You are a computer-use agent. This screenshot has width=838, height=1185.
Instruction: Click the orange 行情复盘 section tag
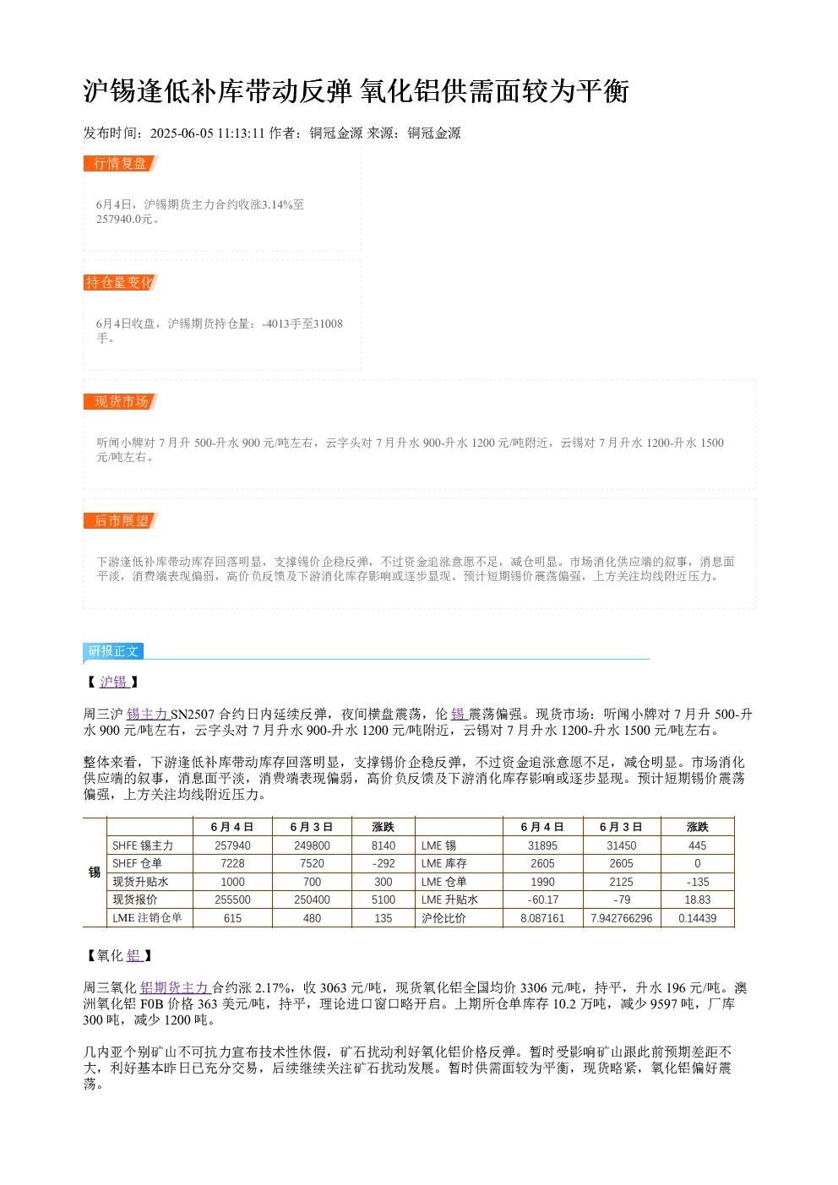pyautogui.click(x=120, y=164)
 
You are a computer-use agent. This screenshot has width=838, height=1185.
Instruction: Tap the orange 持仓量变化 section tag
pyautogui.click(x=120, y=282)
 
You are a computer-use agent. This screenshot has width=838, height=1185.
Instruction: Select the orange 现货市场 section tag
pyautogui.click(x=120, y=401)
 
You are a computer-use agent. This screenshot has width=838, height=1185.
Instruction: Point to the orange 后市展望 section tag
pyautogui.click(x=120, y=520)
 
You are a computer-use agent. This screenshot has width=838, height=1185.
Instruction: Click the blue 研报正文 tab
pyautogui.click(x=113, y=650)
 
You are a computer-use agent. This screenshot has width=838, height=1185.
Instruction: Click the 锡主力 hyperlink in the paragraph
pyautogui.click(x=148, y=715)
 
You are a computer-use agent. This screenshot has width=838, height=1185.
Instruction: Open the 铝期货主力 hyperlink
pyautogui.click(x=176, y=987)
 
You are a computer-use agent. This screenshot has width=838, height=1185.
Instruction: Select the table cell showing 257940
pyautogui.click(x=233, y=845)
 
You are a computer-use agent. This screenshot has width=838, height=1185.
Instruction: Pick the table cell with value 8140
pyautogui.click(x=383, y=845)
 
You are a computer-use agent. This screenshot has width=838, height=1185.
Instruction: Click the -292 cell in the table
pyautogui.click(x=383, y=863)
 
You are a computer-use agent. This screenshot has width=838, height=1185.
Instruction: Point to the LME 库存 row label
pyautogui.click(x=443, y=863)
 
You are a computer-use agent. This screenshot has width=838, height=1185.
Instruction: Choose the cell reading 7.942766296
pyautogui.click(x=622, y=918)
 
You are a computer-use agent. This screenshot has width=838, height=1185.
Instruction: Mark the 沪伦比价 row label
pyautogui.click(x=443, y=918)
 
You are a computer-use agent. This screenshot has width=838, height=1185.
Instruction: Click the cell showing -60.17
pyautogui.click(x=543, y=900)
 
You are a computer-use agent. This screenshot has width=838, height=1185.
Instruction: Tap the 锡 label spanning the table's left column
pyautogui.click(x=95, y=872)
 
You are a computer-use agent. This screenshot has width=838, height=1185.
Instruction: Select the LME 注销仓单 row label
pyautogui.click(x=147, y=917)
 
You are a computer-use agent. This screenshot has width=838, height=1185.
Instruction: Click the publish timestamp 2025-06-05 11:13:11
pyautogui.click(x=207, y=133)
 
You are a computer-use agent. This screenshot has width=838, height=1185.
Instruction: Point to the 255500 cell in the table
pyautogui.click(x=233, y=900)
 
